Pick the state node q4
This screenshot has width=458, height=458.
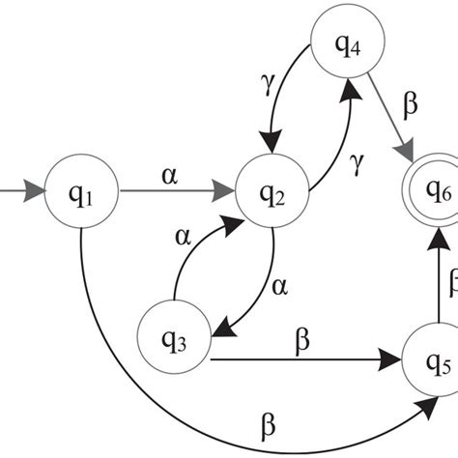click(348, 46)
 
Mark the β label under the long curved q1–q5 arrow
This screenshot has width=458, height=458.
click(270, 426)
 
